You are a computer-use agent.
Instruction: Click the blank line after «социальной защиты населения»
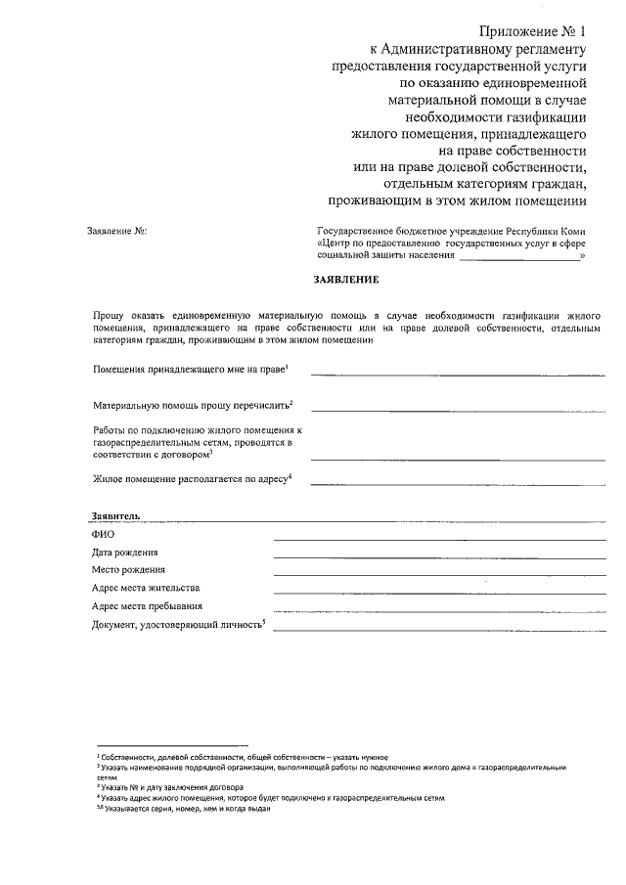[x=518, y=257]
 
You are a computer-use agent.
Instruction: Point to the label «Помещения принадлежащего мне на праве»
[x=190, y=372]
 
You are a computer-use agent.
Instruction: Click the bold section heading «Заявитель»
[x=116, y=515]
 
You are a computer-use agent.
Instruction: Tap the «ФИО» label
[x=104, y=534]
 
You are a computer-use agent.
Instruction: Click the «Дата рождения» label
[x=125, y=552]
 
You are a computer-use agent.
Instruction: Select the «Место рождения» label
[x=128, y=569]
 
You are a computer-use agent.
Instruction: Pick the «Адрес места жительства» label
[x=146, y=588]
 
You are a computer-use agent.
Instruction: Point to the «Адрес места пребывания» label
[x=147, y=606]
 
